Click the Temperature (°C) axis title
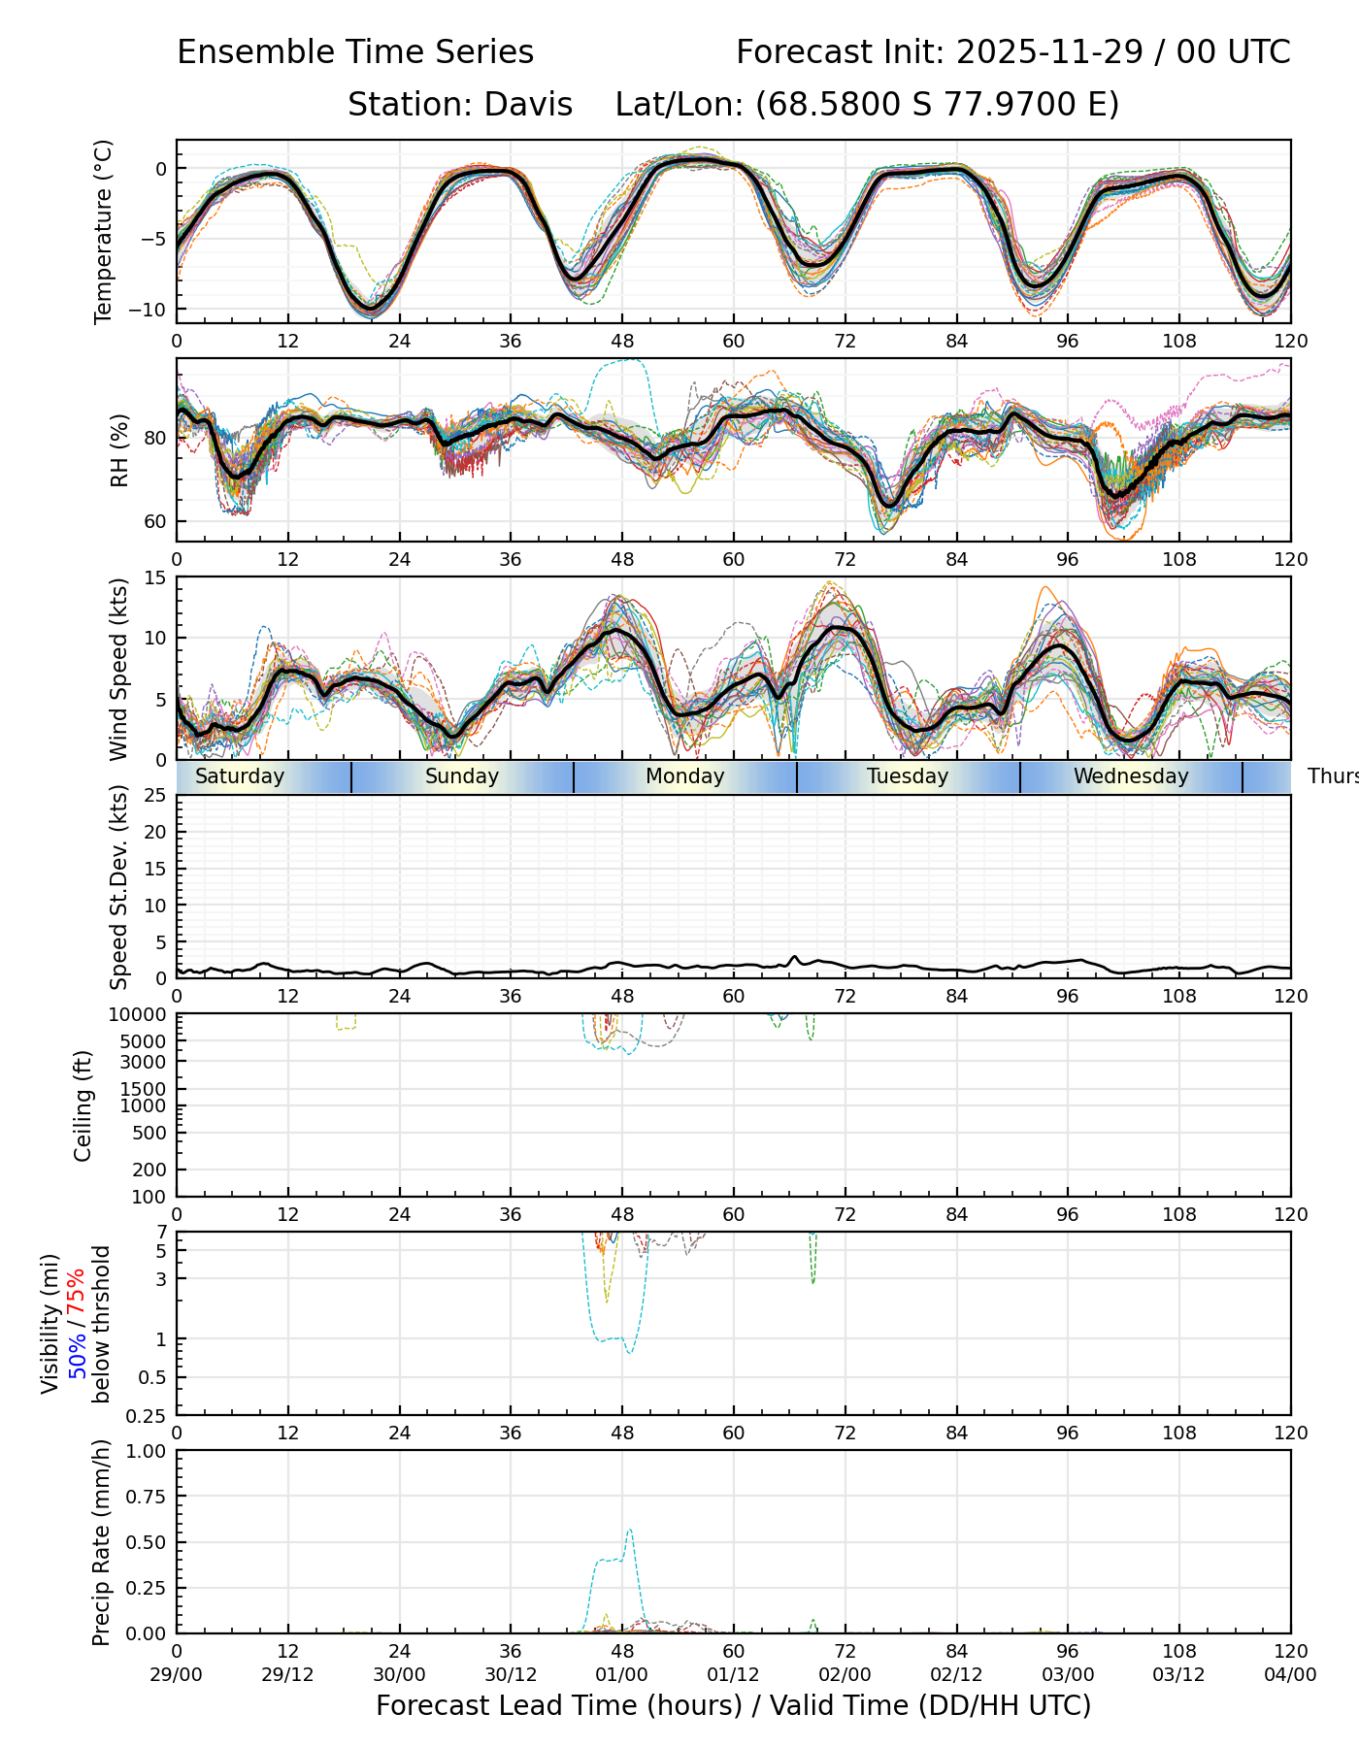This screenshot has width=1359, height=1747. click(x=104, y=231)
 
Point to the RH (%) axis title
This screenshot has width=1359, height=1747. click(x=119, y=449)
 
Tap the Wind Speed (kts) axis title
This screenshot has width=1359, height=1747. click(x=119, y=669)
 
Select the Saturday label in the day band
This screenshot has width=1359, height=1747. click(x=240, y=776)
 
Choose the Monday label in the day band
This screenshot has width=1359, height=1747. click(x=684, y=776)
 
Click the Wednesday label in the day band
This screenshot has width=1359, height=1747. click(x=1131, y=776)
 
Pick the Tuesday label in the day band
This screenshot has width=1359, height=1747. click(x=908, y=776)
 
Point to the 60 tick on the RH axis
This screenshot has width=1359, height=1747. click(x=155, y=521)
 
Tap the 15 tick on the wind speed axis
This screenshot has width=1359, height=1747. click(x=155, y=577)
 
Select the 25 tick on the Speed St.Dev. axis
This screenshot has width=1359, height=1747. click(x=155, y=796)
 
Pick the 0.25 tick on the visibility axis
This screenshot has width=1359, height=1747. click(x=149, y=1415)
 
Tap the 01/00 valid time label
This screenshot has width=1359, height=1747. click(x=622, y=1675)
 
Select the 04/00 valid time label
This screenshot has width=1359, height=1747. click(x=1290, y=1675)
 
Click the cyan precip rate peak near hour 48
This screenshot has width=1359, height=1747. click(x=630, y=1531)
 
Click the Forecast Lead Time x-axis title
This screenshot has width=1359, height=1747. click(x=733, y=1705)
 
